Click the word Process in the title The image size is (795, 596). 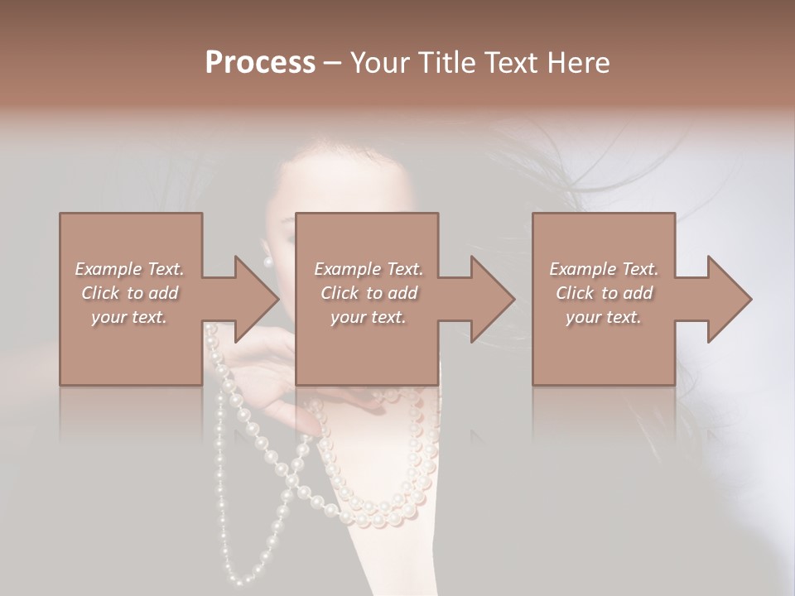click(x=260, y=62)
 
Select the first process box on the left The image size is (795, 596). click(x=131, y=348)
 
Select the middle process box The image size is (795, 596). click(x=367, y=348)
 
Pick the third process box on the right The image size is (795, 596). click(x=604, y=348)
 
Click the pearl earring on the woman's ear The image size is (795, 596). click(x=267, y=262)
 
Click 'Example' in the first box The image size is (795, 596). click(x=108, y=269)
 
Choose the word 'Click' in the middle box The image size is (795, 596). click(x=339, y=293)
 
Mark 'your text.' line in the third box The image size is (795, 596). click(x=604, y=317)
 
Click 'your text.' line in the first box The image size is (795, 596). click(x=129, y=317)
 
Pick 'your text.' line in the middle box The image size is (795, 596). click(x=369, y=317)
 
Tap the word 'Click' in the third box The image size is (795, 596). click(x=574, y=293)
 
